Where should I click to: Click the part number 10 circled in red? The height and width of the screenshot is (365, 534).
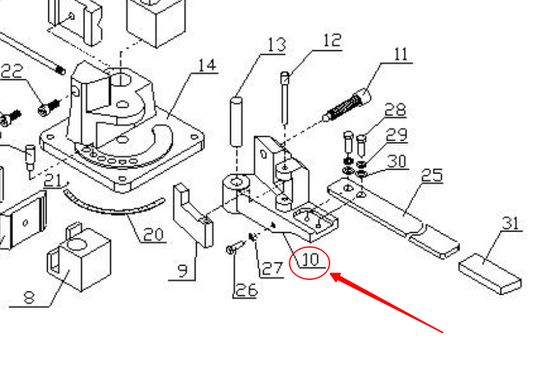(310, 261)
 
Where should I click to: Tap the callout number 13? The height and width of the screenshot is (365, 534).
(275, 45)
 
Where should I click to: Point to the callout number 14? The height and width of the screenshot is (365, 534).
(206, 66)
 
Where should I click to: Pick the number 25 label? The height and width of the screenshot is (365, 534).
(432, 175)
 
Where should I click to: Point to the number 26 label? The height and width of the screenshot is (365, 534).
(246, 290)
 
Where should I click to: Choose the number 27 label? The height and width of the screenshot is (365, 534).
(272, 268)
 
